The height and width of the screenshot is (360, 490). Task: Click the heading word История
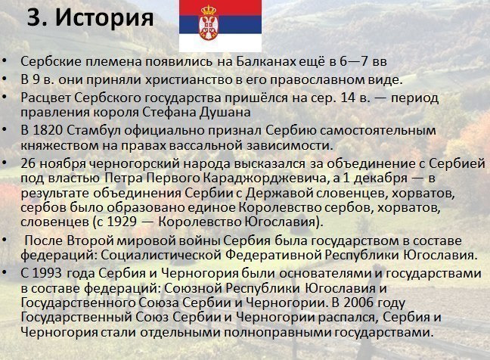(104, 18)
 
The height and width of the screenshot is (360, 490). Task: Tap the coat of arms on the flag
(209, 23)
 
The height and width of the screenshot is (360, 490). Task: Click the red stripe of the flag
(220, 8)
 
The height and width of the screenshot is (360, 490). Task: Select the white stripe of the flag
(220, 42)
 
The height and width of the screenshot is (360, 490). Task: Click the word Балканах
(266, 61)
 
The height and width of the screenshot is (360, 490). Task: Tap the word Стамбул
(94, 130)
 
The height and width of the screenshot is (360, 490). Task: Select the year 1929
(122, 222)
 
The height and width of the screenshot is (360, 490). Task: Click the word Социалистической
(161, 256)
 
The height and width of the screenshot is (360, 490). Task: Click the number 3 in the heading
(34, 18)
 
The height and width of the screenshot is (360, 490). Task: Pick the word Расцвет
(45, 98)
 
